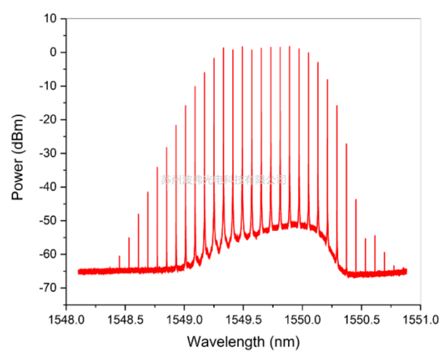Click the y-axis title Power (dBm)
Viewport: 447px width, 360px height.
click(x=18, y=157)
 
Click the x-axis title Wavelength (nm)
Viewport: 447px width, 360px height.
click(x=243, y=341)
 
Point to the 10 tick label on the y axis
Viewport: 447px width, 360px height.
click(x=51, y=19)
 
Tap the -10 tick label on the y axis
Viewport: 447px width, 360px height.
click(x=47, y=86)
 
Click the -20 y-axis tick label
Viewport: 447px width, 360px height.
click(x=47, y=119)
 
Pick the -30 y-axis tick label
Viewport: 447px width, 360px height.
click(x=47, y=153)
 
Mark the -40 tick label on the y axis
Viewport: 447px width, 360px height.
click(x=47, y=187)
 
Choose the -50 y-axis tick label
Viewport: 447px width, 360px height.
click(x=47, y=220)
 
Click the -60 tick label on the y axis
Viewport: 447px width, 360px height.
click(x=47, y=254)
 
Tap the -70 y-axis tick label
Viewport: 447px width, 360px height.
click(x=47, y=288)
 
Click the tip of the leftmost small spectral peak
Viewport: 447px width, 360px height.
click(x=119, y=256)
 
